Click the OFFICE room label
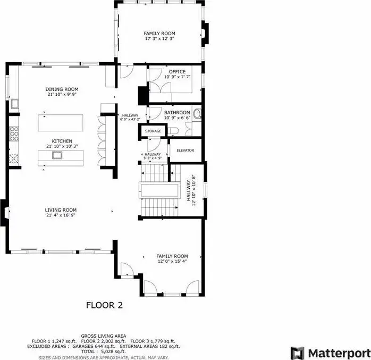pyautogui.click(x=177, y=72)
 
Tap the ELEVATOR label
pyautogui.click(x=186, y=150)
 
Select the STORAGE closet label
pyautogui.click(x=153, y=131)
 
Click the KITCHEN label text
pyautogui.click(x=62, y=141)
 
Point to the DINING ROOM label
pyautogui.click(x=62, y=89)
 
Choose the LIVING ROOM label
pyautogui.click(x=61, y=210)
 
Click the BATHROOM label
pyautogui.click(x=177, y=112)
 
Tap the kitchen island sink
pyautogui.click(x=57, y=155)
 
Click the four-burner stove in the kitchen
pyautogui.click(x=14, y=134)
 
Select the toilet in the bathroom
pyautogui.click(x=174, y=130)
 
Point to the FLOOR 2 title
pyautogui.click(x=104, y=305)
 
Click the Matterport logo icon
pyautogui.click(x=298, y=354)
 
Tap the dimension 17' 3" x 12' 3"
pyautogui.click(x=159, y=39)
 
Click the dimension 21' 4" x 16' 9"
pyautogui.click(x=61, y=215)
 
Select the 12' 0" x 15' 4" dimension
pyautogui.click(x=172, y=261)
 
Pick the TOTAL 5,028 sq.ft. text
pyautogui.click(x=104, y=351)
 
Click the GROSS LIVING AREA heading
pyautogui.click(x=104, y=336)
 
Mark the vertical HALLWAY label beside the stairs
pyautogui.click(x=189, y=190)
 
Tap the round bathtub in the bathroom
pyautogui.click(x=197, y=114)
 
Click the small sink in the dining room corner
pyautogui.click(x=15, y=104)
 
